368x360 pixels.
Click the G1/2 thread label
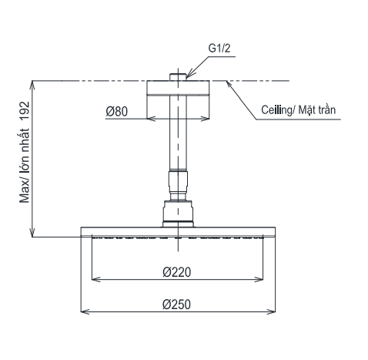219,49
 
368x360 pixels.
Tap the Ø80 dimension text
116,112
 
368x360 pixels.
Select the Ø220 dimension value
177,272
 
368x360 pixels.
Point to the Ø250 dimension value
176,304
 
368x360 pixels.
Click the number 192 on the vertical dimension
25,111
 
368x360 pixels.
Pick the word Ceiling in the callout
276,110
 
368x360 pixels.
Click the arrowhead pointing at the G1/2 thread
189,74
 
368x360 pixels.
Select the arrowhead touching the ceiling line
229,84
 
